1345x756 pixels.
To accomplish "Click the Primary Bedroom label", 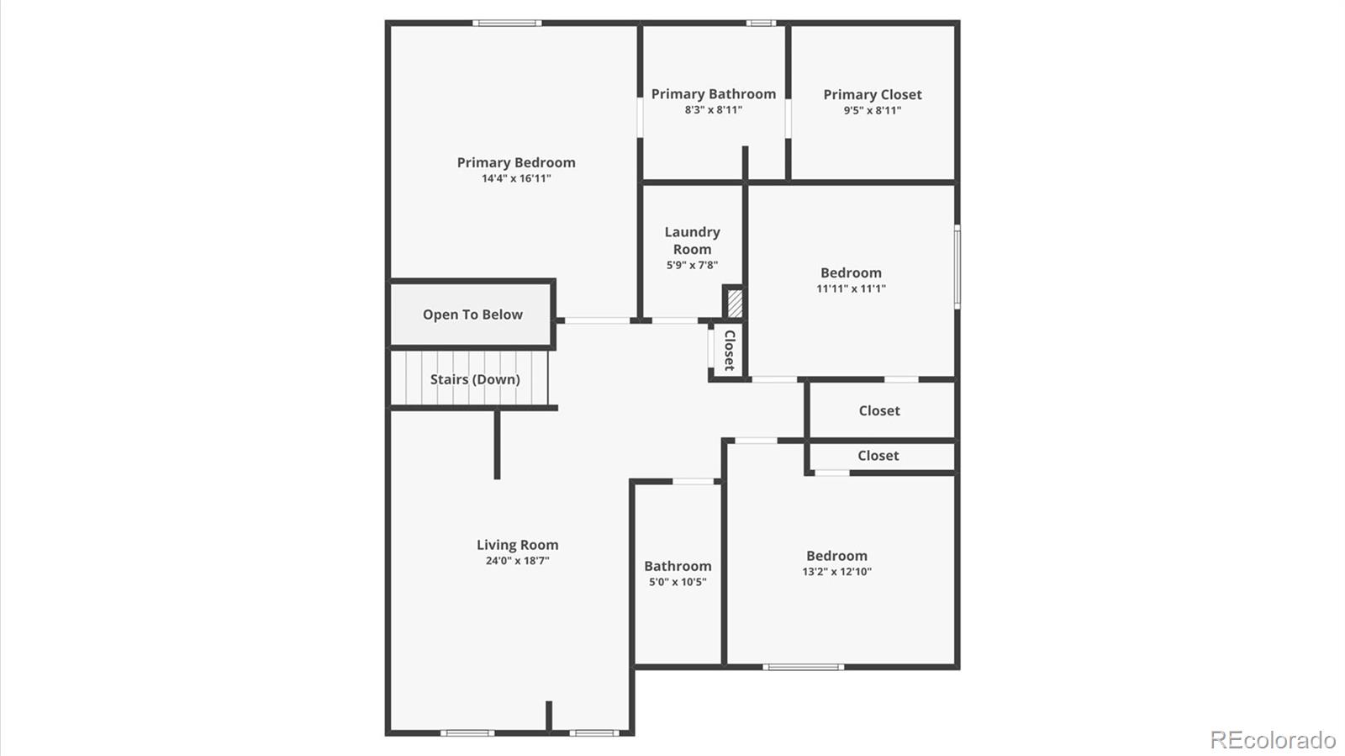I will [516, 162].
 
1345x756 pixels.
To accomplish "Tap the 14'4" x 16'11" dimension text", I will [516, 178].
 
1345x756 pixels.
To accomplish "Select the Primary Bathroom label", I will [713, 94].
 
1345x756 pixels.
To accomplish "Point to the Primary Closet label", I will [872, 95].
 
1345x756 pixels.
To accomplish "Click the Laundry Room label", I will [692, 241].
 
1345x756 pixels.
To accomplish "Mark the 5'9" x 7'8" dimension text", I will [692, 265].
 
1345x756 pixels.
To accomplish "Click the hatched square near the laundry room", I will [734, 303].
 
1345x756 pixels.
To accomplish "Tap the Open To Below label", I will [472, 315].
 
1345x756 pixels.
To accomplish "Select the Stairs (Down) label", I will [475, 379].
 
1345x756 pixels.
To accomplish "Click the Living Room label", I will [517, 545].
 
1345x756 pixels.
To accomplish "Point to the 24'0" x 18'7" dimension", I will [517, 561].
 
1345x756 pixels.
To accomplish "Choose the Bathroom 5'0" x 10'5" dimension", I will [678, 582].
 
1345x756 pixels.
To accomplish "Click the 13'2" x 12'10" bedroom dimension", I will [836, 572].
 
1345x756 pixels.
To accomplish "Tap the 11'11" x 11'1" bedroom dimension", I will [851, 288].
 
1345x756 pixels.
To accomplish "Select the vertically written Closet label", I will [729, 350].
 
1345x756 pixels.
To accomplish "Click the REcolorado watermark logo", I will [1272, 740].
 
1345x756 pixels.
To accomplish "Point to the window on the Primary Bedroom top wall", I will [506, 23].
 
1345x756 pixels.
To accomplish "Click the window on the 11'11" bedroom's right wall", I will [957, 266].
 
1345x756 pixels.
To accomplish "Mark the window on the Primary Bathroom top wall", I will [761, 23].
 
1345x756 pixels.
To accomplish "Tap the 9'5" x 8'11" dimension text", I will [872, 110].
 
